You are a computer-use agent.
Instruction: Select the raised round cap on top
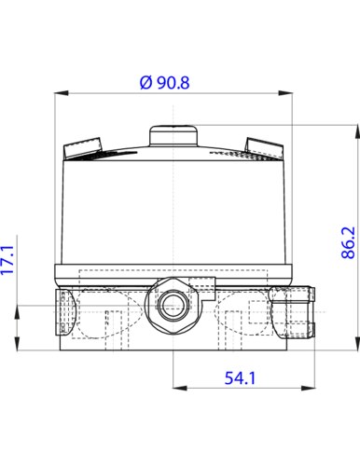click(x=174, y=135)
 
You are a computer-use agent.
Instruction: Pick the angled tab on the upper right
click(x=265, y=146)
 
